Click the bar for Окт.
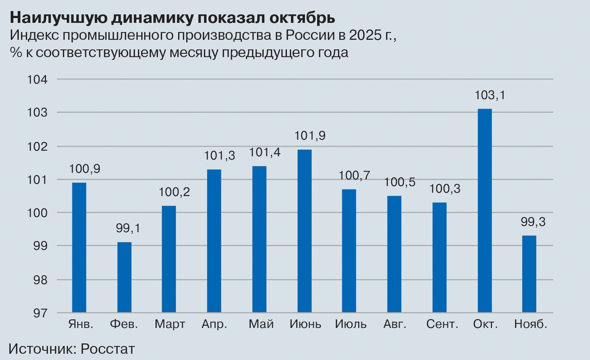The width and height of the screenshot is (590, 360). click(485, 210)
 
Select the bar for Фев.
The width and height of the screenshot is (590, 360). click(124, 277)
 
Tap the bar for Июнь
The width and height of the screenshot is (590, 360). click(305, 231)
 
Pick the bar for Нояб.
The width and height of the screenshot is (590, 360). click(529, 274)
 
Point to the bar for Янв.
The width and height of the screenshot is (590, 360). click(79, 248)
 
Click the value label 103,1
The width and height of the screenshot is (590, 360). click(490, 95)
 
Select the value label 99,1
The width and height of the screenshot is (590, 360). click(128, 228)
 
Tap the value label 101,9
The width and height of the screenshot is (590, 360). click(310, 136)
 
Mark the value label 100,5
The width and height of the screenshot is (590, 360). click(399, 182)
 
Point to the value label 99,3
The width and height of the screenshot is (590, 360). click(533, 222)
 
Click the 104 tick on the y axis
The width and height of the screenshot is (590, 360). click(38, 80)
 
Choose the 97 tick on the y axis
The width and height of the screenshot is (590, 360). click(40, 313)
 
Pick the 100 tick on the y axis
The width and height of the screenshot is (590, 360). click(38, 213)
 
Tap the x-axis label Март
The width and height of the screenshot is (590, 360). click(170, 324)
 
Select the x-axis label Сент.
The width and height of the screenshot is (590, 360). click(442, 324)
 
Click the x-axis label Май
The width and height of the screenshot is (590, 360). click(261, 324)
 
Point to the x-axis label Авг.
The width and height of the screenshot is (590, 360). click(395, 324)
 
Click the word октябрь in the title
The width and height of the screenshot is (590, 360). click(302, 18)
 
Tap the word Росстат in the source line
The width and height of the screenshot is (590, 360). click(108, 349)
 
